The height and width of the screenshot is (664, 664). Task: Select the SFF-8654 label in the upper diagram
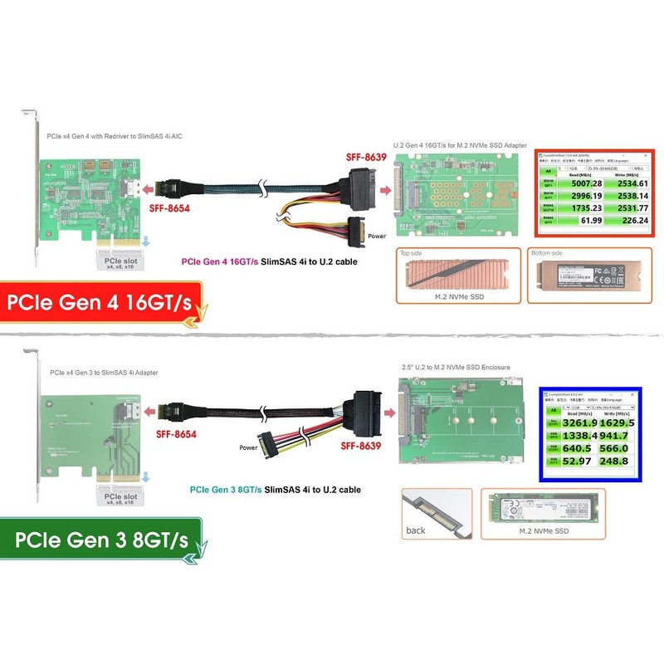pos(168,208)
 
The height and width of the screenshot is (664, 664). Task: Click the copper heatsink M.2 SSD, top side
pos(457,275)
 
